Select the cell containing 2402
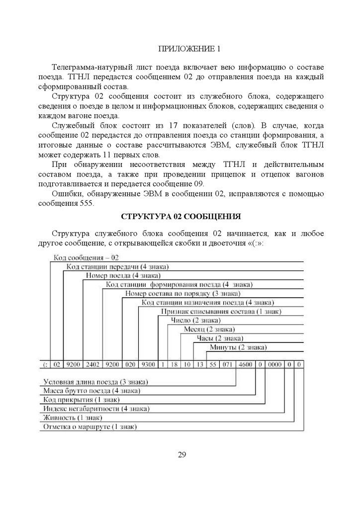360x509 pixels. (x=93, y=364)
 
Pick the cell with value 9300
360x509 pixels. (x=147, y=364)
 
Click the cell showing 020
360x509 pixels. (x=129, y=364)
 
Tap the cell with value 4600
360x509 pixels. (x=246, y=364)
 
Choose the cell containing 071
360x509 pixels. (x=228, y=364)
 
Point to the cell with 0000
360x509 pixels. (x=275, y=364)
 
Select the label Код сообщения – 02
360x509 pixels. (x=85, y=257)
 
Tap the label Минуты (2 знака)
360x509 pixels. (x=238, y=346)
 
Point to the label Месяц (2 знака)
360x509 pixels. (x=209, y=329)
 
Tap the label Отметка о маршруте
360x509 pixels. (x=90, y=426)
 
